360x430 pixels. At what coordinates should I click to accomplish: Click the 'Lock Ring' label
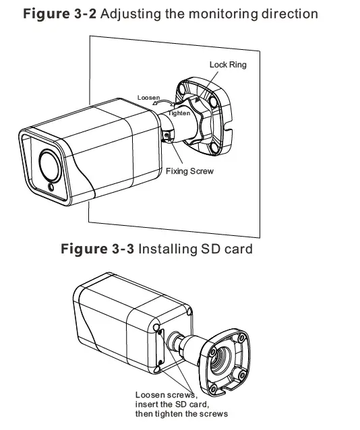[228, 65]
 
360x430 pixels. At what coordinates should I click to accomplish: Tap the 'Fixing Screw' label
[189, 171]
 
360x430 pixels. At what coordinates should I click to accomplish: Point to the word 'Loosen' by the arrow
[148, 98]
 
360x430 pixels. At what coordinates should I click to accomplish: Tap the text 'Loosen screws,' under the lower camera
[165, 394]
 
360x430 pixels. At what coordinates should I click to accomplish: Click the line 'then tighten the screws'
[181, 413]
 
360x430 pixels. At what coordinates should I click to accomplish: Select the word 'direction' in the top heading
[291, 13]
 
